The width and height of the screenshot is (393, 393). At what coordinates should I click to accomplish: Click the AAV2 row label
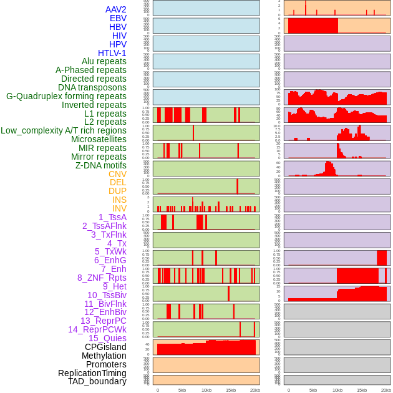pos(115,9)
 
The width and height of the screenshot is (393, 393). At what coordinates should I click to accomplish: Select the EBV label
pos(118,18)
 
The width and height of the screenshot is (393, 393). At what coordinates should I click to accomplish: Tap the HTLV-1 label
pos(112,53)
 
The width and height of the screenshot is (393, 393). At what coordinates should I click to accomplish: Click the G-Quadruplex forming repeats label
pos(66,96)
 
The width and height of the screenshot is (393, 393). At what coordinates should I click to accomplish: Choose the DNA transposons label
pos(92,87)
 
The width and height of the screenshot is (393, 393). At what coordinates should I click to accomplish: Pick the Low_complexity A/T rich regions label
pos(64,130)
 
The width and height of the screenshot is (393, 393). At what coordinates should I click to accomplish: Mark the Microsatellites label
pos(99,139)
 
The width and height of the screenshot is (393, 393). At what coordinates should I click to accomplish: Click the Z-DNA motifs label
pos(101,165)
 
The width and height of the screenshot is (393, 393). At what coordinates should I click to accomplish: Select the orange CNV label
pos(117,174)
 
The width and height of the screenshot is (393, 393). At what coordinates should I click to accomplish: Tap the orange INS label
pos(119,200)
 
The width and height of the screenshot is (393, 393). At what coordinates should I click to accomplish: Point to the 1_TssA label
pos(112,217)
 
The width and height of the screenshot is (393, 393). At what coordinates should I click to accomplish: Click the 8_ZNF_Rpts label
pos(102,278)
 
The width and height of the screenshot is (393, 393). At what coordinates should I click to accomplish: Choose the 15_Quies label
pos(106,338)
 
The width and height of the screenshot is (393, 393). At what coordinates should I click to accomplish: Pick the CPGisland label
pos(105,347)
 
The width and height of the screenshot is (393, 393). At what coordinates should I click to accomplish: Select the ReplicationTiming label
pos(92,373)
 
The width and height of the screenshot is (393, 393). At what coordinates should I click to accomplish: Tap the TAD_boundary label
pos(97,381)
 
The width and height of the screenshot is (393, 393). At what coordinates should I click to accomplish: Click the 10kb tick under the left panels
pos(206,390)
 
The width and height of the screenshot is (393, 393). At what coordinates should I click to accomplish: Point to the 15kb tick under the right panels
pos(361,390)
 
